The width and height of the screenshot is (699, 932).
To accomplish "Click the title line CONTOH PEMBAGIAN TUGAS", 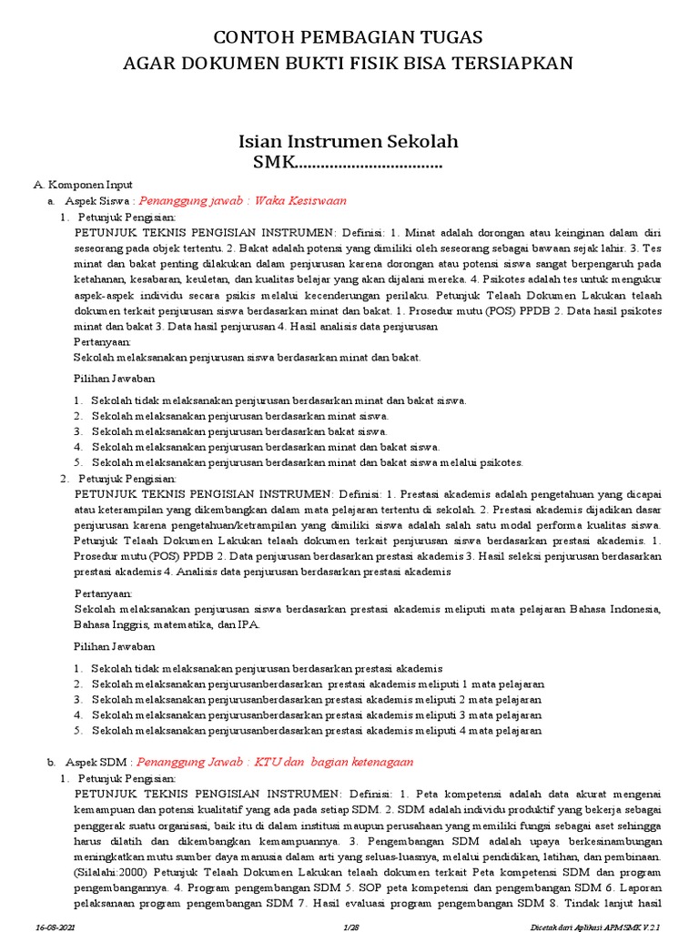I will click(349, 37).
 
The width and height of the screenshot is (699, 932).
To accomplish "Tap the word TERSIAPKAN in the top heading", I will click(518, 63).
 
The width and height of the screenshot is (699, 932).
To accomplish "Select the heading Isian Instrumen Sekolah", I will click(349, 141).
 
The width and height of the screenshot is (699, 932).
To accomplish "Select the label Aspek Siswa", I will click(99, 200).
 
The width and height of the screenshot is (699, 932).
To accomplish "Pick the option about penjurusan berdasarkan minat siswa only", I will click(239, 415).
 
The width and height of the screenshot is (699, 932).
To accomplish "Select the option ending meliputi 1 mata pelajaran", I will click(318, 684).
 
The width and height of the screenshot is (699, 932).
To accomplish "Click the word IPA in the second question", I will click(248, 624).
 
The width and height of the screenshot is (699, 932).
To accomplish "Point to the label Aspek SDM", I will click(98, 762).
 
